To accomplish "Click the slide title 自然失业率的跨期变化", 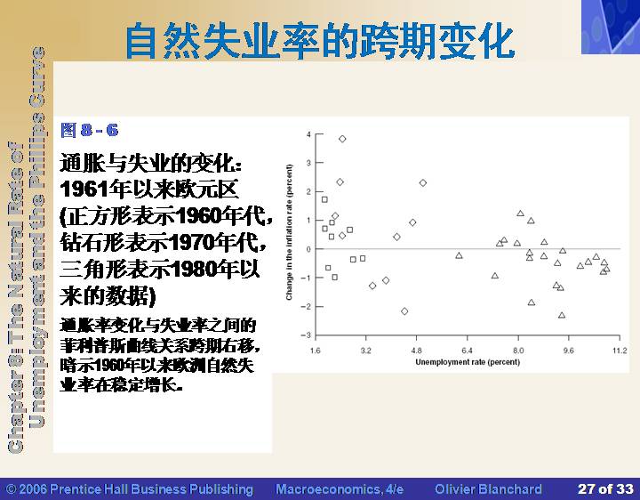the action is (x=320, y=42).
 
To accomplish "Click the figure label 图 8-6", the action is (x=90, y=130).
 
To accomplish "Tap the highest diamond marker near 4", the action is (x=342, y=139).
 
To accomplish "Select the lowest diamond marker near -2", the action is (x=404, y=311).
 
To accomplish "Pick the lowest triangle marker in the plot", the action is (x=562, y=315).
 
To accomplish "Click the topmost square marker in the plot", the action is (x=324, y=199).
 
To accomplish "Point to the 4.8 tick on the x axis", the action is (x=416, y=351).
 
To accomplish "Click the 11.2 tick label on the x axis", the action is (x=620, y=351).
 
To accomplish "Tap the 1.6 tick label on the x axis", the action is (x=315, y=351).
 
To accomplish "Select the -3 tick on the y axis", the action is (x=306, y=335).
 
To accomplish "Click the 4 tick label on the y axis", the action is (x=308, y=134).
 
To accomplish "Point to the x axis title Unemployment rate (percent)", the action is (x=468, y=362).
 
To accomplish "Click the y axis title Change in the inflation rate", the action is (x=290, y=232).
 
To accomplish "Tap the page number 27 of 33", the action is (x=605, y=489).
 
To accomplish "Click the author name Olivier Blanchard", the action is (x=488, y=489).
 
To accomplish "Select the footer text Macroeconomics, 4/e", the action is (x=340, y=489).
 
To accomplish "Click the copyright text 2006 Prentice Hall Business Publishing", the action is (x=130, y=489).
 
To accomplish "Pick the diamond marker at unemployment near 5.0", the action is (x=423, y=182).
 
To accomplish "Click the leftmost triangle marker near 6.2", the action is (x=459, y=255).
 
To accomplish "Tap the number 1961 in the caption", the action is (x=84, y=190).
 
